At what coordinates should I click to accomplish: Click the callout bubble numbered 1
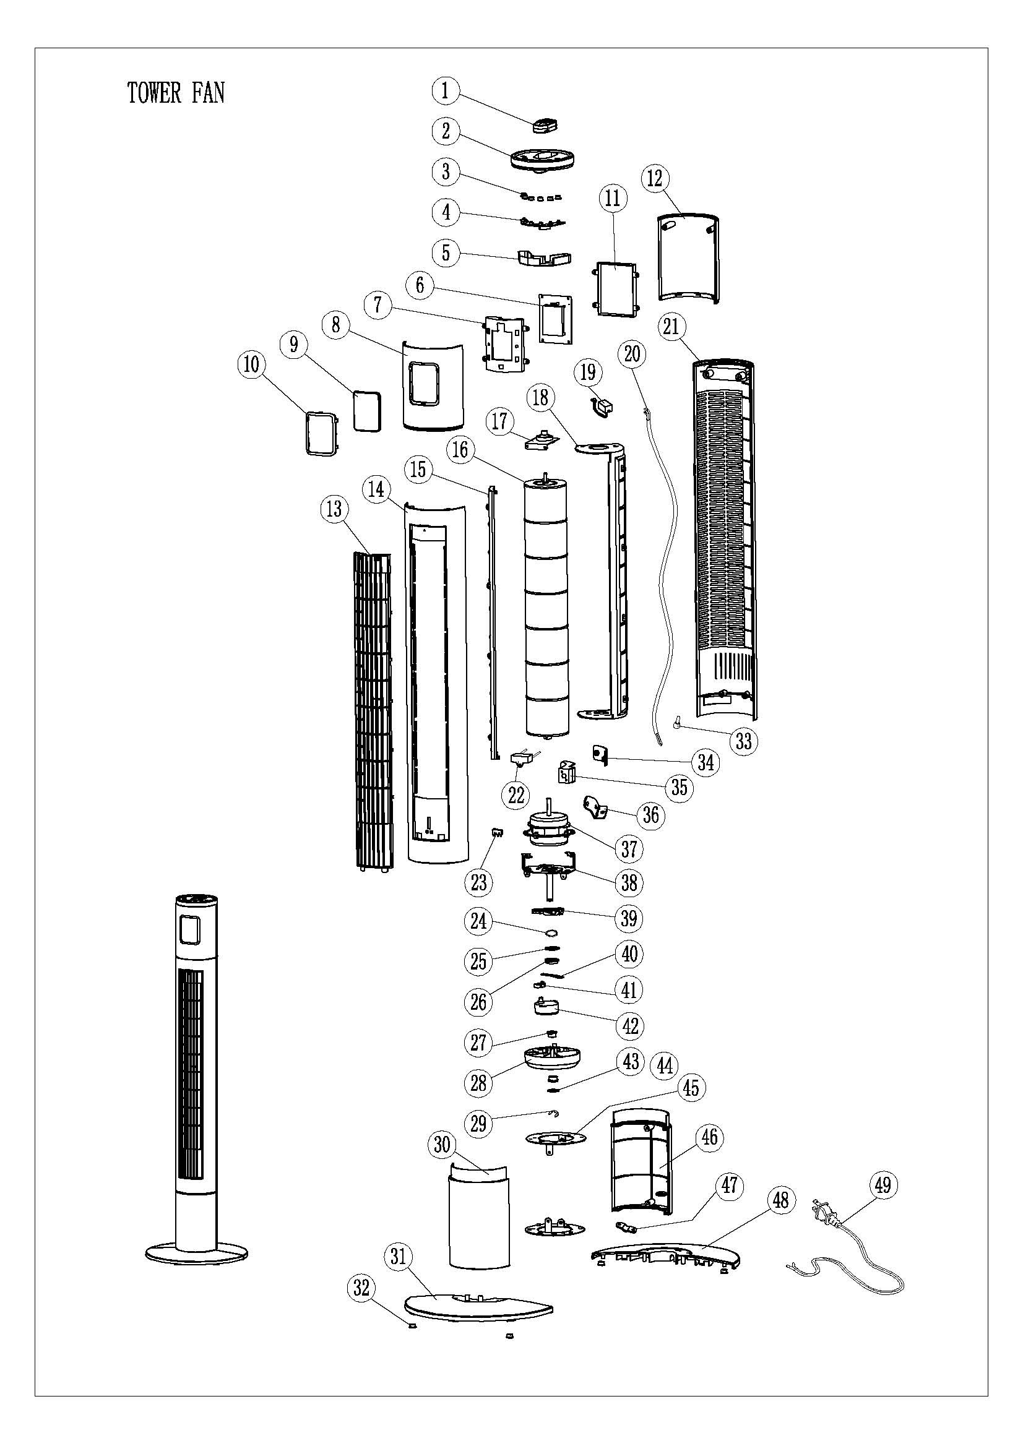[x=446, y=91]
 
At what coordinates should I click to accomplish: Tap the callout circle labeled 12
[x=655, y=178]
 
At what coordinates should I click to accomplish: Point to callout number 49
[x=883, y=1185]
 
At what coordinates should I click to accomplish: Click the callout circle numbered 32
[x=361, y=1288]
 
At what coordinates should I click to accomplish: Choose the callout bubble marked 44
[x=665, y=1065]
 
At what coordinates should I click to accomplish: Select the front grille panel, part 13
[x=373, y=712]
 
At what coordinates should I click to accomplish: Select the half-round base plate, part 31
[x=479, y=1306]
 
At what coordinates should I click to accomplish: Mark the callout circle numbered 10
[x=251, y=364]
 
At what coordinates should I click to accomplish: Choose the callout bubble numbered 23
[x=479, y=882]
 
